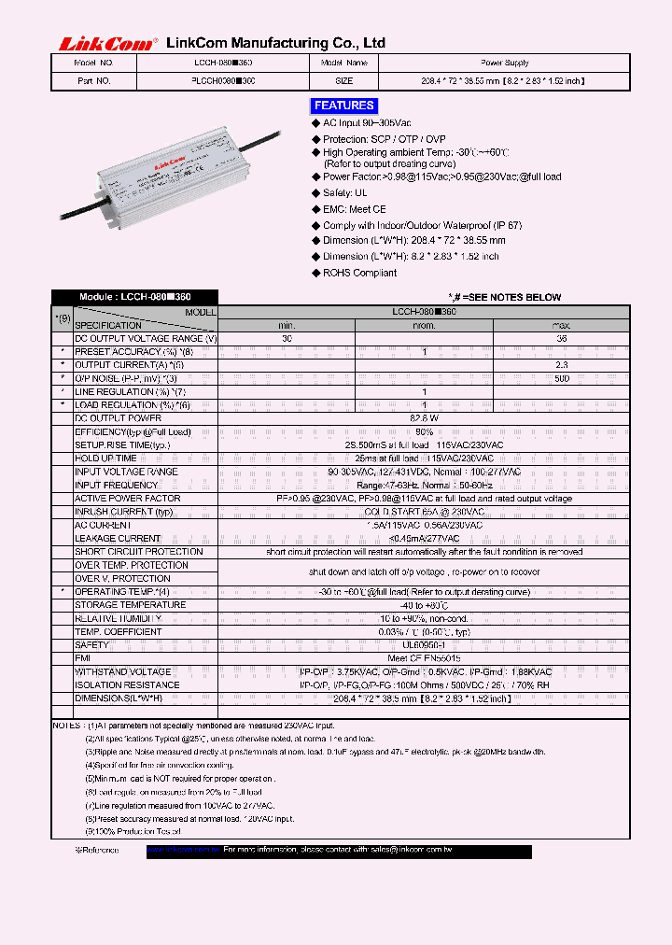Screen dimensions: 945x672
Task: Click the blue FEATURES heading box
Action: tap(344, 106)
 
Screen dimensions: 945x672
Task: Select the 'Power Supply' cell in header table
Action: tap(505, 63)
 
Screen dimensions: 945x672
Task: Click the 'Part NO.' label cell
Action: tap(92, 81)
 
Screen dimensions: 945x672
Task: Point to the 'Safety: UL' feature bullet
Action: tap(344, 193)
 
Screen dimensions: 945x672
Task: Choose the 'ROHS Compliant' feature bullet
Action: tap(359, 273)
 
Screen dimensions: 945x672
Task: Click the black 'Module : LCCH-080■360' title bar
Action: tap(134, 297)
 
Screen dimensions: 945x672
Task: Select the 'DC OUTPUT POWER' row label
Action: tap(118, 418)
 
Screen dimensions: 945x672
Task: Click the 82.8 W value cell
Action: tap(424, 418)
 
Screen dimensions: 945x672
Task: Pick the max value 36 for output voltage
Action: tap(561, 339)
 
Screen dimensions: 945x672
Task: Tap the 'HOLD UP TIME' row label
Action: tap(105, 458)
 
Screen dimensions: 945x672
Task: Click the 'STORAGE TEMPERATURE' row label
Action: tap(130, 604)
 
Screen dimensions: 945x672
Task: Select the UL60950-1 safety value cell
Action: tap(424, 644)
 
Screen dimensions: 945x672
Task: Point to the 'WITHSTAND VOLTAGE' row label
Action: tap(122, 671)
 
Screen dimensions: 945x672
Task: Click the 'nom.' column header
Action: tap(424, 325)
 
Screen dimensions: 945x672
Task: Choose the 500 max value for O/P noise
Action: tap(561, 379)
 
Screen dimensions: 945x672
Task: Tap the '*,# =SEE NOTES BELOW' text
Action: tap(504, 297)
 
